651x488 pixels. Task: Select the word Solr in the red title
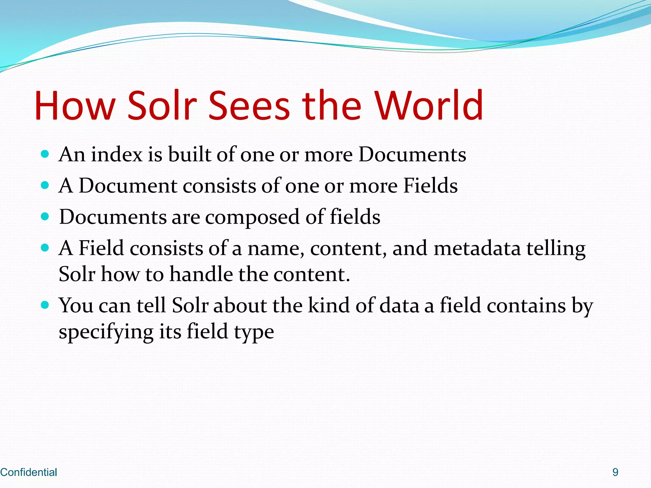[x=162, y=106]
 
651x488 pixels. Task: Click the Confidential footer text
[x=29, y=472]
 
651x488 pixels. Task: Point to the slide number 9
[x=615, y=472]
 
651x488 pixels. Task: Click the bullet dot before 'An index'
[x=45, y=154]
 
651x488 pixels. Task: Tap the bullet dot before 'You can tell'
[x=45, y=305]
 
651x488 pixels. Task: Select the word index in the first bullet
[x=117, y=155]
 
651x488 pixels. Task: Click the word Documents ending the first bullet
[x=412, y=155]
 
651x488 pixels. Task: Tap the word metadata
[x=477, y=248]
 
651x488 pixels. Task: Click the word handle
[x=201, y=274]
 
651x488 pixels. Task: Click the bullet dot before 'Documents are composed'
[x=45, y=217]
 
